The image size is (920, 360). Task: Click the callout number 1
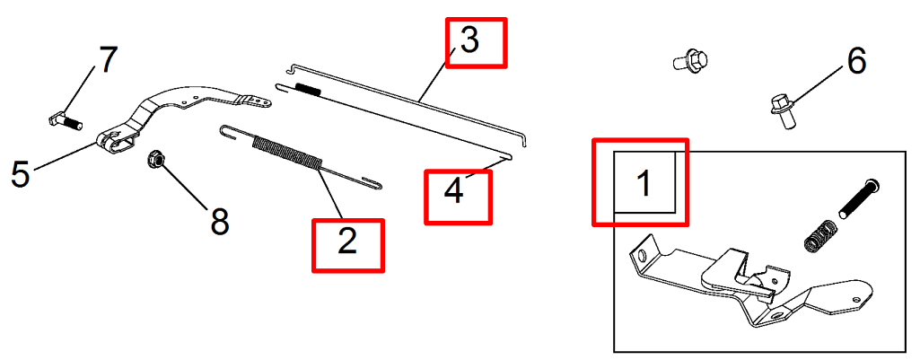(644, 182)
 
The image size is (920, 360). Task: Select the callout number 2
(347, 241)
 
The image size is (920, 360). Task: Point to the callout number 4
(454, 191)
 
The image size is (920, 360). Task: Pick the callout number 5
(21, 174)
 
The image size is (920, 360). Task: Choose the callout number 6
(856, 61)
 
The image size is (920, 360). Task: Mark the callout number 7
(108, 60)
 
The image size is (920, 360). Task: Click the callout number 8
(219, 222)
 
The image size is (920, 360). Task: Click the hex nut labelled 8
(156, 159)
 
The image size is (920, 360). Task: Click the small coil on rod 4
(308, 89)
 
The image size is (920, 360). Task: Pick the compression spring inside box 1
(818, 236)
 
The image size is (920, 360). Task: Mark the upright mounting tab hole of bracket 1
(643, 257)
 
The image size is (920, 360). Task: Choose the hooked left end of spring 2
(230, 132)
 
